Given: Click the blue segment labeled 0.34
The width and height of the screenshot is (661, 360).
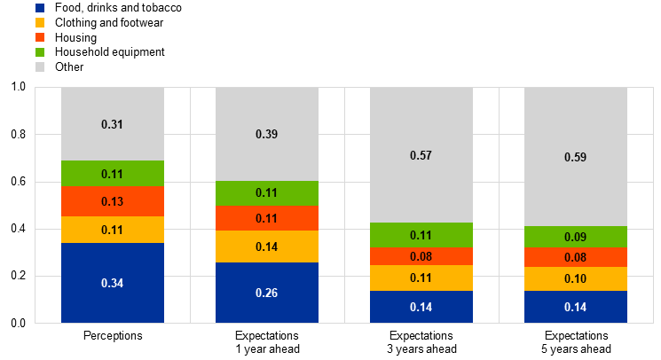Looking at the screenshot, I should coord(113,283).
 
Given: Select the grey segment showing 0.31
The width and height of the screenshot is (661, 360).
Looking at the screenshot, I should coord(113,124).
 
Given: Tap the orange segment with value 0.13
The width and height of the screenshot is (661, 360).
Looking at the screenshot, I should coord(113,201).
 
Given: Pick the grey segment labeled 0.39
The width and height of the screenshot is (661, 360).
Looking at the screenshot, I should coord(267,134).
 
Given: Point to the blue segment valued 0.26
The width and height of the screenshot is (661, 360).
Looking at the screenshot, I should coord(267,293).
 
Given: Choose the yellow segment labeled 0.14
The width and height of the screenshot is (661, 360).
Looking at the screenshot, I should coord(267,247).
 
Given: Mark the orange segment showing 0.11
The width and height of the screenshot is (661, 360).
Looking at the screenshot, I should coord(267,218).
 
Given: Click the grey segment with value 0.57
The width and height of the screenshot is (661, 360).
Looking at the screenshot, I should coord(421,155).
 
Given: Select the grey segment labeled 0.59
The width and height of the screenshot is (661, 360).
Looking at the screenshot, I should coord(576,157).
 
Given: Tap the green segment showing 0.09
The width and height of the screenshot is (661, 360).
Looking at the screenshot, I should coord(576,238).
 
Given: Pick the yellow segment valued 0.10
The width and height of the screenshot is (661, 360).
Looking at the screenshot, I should coord(576,279).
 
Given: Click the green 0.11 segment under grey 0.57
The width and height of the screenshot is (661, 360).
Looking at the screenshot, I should coord(421,235).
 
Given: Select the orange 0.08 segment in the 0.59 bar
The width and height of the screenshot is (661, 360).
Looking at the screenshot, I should coord(576,258).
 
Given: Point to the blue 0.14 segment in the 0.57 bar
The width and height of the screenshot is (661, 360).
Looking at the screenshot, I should coord(421,307).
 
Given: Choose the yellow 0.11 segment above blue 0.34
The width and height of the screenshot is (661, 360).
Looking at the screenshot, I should coord(113,230).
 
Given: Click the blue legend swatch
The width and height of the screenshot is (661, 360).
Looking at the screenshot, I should coord(40,8).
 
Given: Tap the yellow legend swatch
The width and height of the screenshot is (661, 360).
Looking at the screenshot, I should coord(40,22).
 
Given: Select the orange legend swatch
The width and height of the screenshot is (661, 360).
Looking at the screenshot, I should coord(40,37).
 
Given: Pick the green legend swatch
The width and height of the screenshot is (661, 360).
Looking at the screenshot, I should coord(40,52).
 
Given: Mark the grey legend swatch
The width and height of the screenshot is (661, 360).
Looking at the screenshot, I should coord(40,67).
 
